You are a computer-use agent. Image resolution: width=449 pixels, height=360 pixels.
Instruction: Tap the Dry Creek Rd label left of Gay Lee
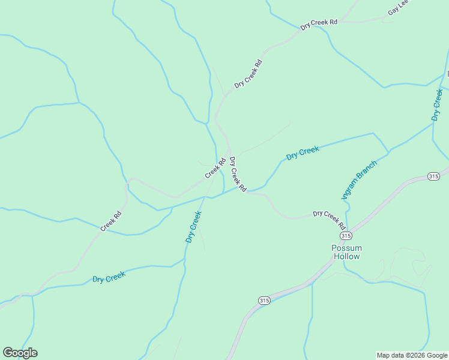[319, 23]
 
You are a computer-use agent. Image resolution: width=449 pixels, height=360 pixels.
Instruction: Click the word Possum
[347, 248]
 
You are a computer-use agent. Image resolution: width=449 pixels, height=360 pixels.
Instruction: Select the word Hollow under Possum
[347, 256]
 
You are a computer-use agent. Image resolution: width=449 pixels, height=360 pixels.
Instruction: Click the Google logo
[20, 352]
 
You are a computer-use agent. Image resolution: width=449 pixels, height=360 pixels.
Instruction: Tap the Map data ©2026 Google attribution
[412, 355]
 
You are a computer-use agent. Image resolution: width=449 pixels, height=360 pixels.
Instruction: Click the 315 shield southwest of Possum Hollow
[264, 299]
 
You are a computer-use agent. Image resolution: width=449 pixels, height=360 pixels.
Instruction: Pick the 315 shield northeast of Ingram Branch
[434, 176]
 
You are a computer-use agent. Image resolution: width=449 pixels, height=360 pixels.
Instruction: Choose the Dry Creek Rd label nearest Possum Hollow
[329, 220]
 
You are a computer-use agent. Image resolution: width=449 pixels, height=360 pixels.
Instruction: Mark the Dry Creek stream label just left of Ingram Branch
[302, 153]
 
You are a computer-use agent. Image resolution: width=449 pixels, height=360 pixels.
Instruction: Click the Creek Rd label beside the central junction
[215, 167]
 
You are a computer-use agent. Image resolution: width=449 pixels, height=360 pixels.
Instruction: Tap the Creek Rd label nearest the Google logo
[111, 221]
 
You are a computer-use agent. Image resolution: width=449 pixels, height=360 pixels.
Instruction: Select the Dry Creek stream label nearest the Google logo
[109, 277]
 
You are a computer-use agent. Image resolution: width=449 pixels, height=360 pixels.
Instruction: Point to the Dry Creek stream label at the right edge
[437, 104]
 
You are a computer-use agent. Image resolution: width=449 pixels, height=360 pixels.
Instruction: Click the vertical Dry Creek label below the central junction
[193, 226]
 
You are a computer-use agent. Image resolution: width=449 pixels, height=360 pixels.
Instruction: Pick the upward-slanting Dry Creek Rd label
[248, 74]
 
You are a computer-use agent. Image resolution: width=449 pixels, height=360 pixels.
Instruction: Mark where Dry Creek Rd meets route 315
[351, 230]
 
